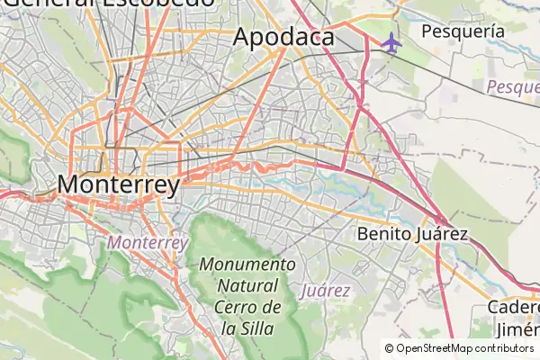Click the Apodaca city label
(283, 38)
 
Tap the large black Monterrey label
(118, 184)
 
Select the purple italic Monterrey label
(147, 243)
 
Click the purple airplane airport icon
(391, 41)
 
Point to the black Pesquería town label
(463, 30)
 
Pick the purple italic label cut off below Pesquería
(512, 87)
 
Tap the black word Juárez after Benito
(444, 234)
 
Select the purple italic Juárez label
(325, 291)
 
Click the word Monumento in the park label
(247, 265)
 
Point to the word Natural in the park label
(247, 286)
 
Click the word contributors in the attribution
(507, 348)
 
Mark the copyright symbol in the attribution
(389, 348)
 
